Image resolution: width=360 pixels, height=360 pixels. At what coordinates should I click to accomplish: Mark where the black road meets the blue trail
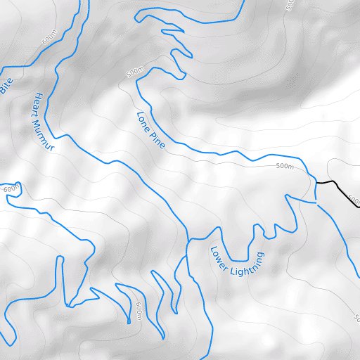(x=316, y=182)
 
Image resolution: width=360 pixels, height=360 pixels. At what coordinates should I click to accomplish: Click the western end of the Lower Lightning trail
(x=188, y=241)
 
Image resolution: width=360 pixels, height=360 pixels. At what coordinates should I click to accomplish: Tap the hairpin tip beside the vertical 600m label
(x=129, y=322)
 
